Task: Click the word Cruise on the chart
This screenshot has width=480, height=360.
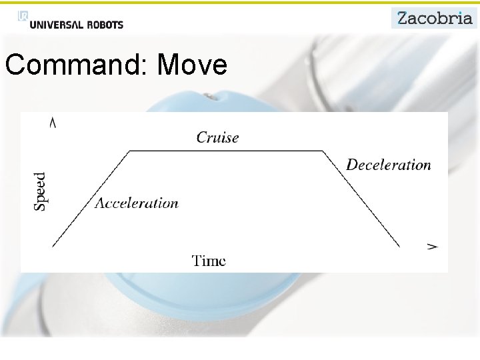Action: (x=217, y=137)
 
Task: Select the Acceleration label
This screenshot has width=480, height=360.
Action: (x=137, y=203)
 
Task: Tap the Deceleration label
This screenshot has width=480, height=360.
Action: (x=389, y=165)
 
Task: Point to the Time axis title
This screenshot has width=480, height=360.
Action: (x=209, y=261)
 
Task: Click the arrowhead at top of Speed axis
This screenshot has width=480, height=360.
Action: (x=53, y=122)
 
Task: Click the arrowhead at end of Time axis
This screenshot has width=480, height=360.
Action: (x=433, y=246)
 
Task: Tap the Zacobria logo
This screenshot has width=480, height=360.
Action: (x=434, y=18)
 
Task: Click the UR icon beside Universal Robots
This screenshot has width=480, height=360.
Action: (x=23, y=17)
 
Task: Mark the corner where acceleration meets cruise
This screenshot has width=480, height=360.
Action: (x=129, y=151)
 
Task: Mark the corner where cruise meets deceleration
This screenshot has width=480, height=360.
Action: (x=324, y=151)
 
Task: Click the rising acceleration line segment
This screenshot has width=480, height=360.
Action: (x=91, y=199)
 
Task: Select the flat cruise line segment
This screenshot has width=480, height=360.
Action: (x=227, y=151)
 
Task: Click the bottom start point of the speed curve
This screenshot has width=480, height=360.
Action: (x=53, y=246)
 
